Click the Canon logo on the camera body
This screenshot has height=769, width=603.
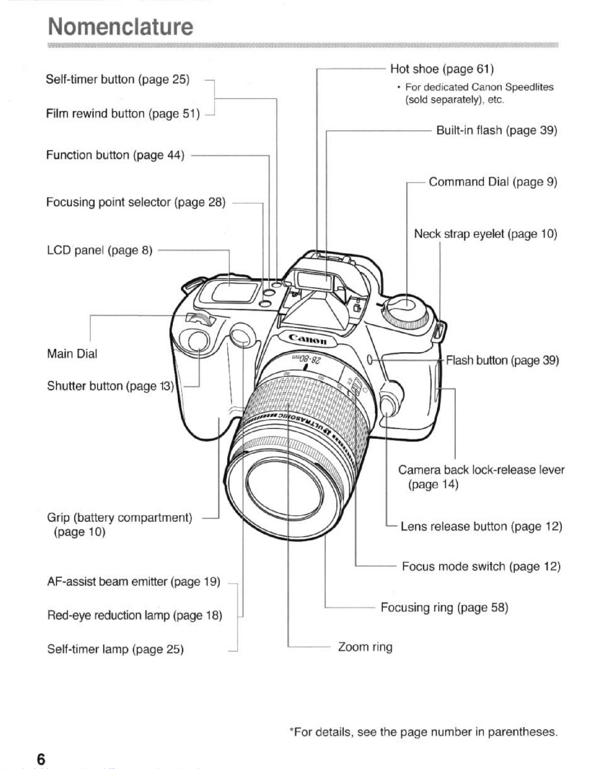[x=308, y=339]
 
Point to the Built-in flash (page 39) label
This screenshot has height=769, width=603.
[x=496, y=131]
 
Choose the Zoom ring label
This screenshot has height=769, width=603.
[x=365, y=647]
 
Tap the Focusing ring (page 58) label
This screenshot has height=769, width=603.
[x=444, y=607]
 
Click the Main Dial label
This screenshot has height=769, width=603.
[x=72, y=353]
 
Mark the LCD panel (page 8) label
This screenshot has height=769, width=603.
[x=99, y=250]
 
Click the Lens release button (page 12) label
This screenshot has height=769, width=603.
[x=481, y=526]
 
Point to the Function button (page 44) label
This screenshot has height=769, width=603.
[x=115, y=155]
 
